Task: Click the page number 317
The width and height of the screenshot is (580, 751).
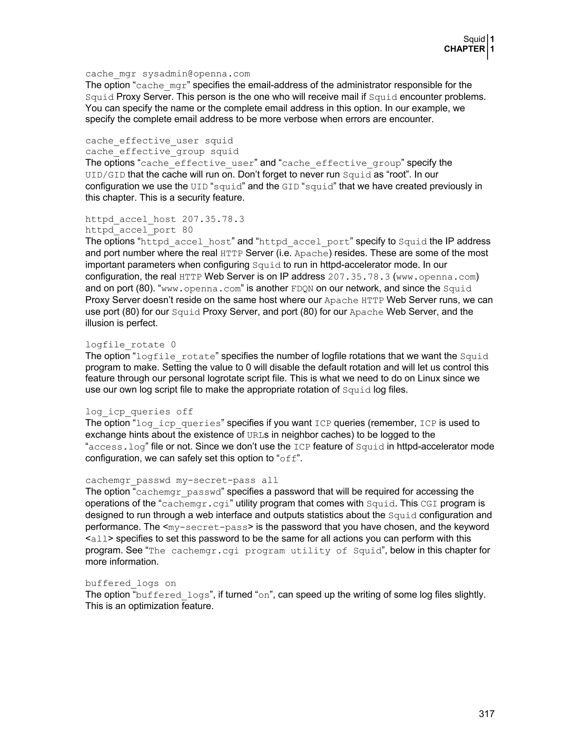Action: pyautogui.click(x=486, y=714)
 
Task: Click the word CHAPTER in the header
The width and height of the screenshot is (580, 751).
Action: pyautogui.click(x=464, y=49)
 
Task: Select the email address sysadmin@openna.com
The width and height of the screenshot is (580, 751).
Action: pyautogui.click(x=196, y=74)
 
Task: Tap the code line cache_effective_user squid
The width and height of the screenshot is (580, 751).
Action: pyautogui.click(x=159, y=141)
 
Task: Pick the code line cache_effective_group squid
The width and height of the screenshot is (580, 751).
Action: pyautogui.click(x=162, y=152)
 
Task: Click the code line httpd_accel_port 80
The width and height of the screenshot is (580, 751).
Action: pyautogui.click(x=139, y=230)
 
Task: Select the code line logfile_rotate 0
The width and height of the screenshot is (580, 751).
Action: pyautogui.click(x=131, y=345)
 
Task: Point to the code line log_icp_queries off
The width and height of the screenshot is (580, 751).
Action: pyautogui.click(x=139, y=411)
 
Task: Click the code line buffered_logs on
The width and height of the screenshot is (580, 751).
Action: pyautogui.click(x=131, y=583)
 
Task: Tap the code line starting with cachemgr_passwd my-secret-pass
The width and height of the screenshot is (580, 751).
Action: pyautogui.click(x=182, y=480)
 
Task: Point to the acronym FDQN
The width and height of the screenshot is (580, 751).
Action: pyautogui.click(x=302, y=288)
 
